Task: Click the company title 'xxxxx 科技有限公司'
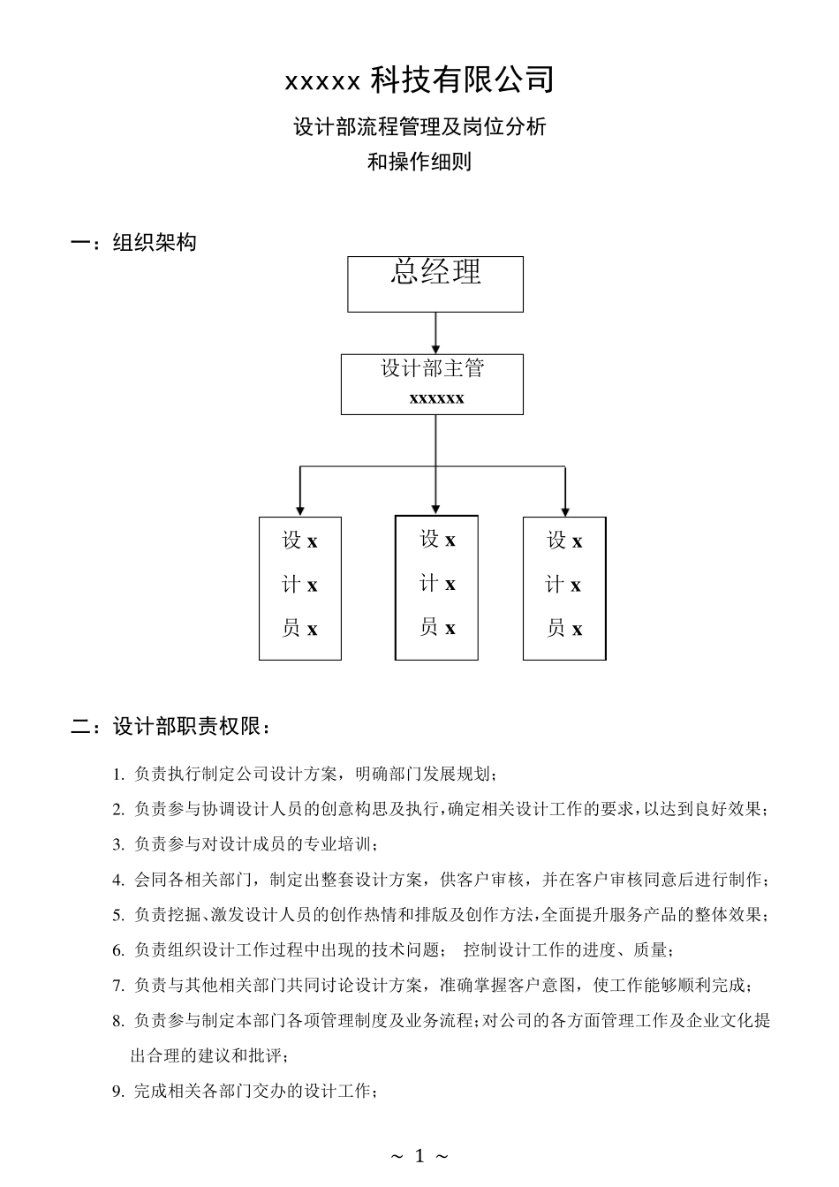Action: click(419, 80)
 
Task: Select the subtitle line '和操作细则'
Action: click(419, 163)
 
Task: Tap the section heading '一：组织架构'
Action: click(133, 243)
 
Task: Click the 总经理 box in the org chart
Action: click(435, 284)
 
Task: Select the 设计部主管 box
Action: click(433, 383)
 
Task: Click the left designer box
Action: click(300, 587)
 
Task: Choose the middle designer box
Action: click(436, 587)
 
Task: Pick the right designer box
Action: click(564, 588)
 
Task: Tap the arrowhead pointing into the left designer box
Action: click(300, 509)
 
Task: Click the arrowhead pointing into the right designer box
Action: click(565, 509)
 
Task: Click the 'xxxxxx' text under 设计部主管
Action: click(436, 398)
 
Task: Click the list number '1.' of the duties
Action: click(118, 775)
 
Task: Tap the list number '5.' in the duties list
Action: click(118, 916)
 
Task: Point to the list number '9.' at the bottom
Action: click(118, 1092)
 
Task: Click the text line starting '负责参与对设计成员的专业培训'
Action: click(256, 844)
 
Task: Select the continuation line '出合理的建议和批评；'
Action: click(209, 1056)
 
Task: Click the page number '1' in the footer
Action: click(419, 1155)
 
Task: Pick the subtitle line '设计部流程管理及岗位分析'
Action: click(419, 127)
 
